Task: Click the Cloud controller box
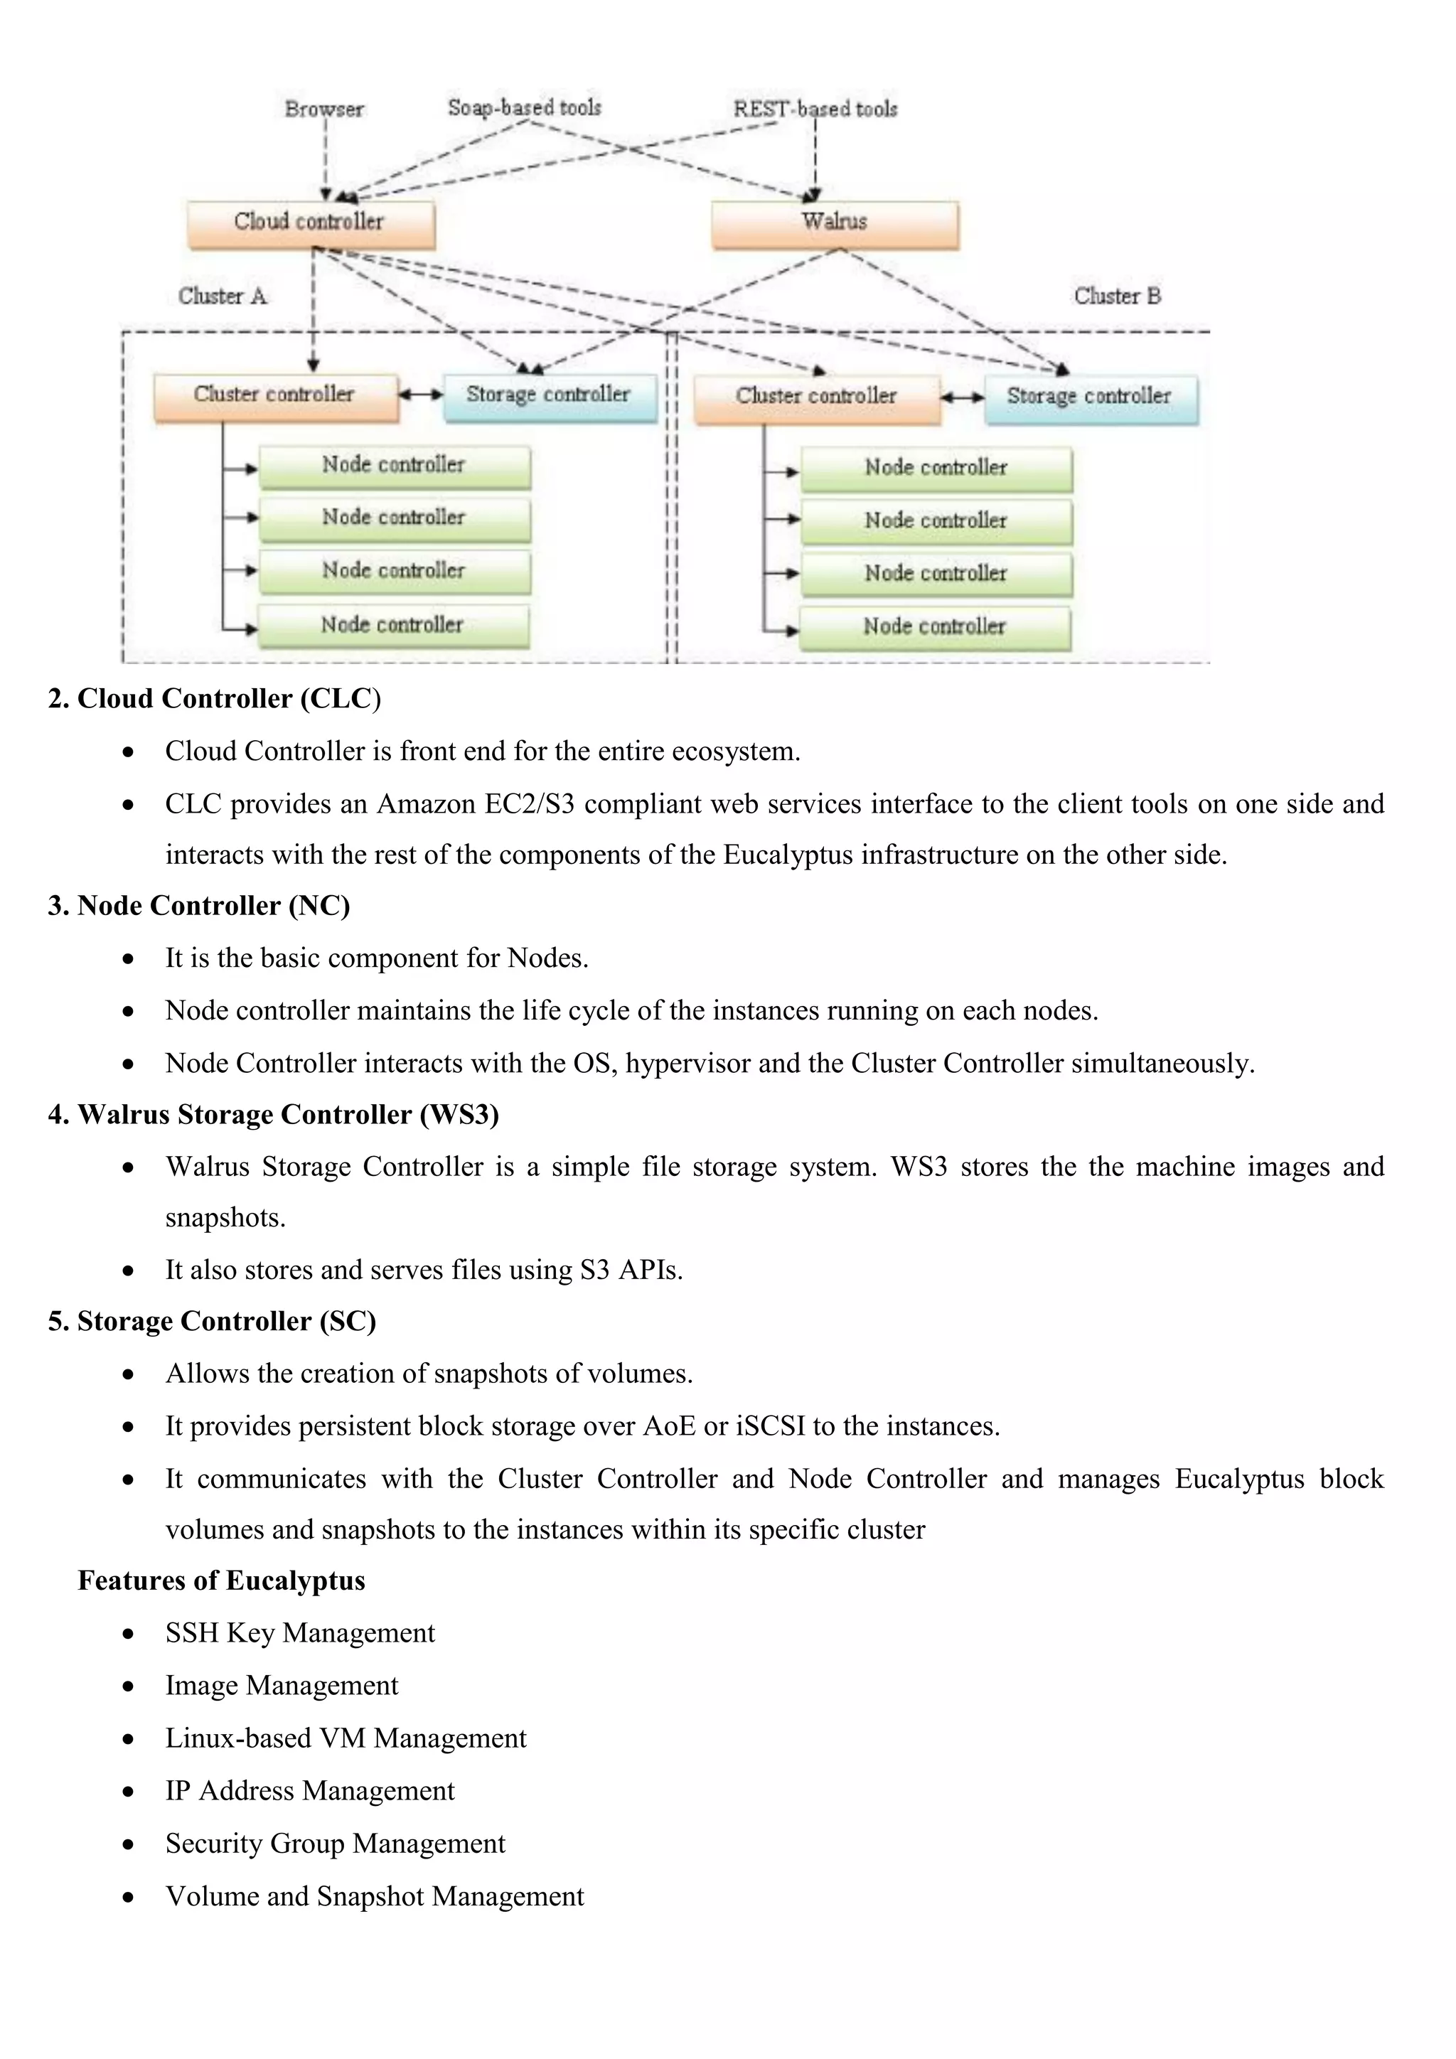click(x=310, y=223)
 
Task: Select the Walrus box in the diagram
click(x=834, y=223)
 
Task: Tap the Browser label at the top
click(x=323, y=109)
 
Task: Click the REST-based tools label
click(x=815, y=109)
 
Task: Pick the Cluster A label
click(x=223, y=296)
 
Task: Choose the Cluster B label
click(x=1117, y=296)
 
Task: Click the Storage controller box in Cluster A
click(x=549, y=397)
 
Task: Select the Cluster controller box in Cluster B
click(x=816, y=397)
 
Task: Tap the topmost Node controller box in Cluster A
click(x=395, y=466)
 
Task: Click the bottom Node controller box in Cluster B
click(x=935, y=628)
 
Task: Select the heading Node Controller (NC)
click(x=199, y=906)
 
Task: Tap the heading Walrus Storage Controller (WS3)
click(x=274, y=1114)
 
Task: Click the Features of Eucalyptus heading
click(x=221, y=1580)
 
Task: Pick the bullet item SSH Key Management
click(x=299, y=1633)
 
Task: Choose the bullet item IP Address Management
click(x=309, y=1791)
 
